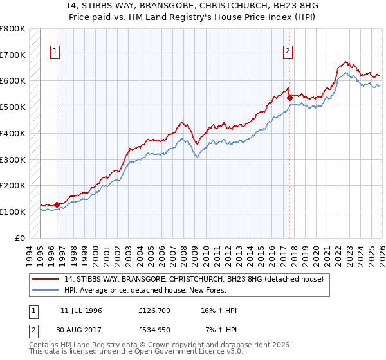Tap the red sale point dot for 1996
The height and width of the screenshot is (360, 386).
click(57, 204)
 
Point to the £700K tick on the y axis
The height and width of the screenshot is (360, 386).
click(13, 55)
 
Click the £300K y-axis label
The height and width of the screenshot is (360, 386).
click(13, 159)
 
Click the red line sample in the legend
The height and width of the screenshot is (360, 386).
click(46, 279)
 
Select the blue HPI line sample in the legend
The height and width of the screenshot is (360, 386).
click(46, 290)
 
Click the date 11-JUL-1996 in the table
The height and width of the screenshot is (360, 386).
click(81, 310)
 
